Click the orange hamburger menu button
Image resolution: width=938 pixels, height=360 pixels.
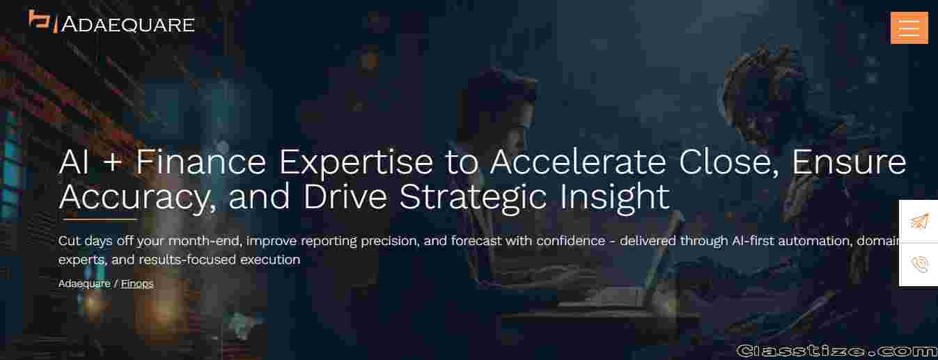point(909,28)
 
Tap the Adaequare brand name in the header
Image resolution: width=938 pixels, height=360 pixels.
point(127,24)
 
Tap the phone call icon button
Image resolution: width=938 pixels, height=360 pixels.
point(919,265)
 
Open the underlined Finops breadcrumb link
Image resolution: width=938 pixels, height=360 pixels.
point(137,283)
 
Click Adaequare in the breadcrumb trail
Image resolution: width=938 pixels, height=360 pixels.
point(84,283)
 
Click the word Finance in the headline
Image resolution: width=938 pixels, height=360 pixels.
point(201,162)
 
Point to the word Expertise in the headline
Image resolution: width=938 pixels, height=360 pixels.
point(356,163)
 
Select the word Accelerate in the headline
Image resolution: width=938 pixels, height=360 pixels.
point(578,162)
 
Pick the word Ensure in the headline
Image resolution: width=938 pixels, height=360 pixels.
point(849,162)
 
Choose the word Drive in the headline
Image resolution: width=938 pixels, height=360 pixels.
point(345,197)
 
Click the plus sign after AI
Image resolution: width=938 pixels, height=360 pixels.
point(112,163)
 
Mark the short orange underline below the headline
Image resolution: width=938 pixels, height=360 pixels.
point(100,219)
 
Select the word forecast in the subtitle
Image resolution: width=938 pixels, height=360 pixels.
point(476,241)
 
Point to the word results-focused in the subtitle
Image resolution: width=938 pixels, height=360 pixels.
point(187,260)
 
